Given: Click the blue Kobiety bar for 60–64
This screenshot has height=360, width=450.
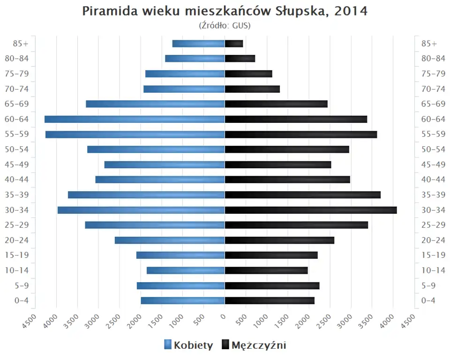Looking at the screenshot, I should (135, 119).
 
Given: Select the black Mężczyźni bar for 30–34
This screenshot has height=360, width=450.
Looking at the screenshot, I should (311, 210).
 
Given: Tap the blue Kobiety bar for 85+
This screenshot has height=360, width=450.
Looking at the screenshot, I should (199, 44).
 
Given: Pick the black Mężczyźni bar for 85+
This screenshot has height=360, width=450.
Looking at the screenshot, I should (234, 44).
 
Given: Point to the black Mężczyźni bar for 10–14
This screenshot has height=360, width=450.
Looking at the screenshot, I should (266, 270).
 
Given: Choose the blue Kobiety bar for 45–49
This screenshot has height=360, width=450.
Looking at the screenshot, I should (165, 165).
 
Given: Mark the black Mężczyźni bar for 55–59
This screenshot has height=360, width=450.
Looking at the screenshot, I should (301, 135).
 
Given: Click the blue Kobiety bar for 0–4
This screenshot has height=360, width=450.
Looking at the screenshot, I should (183, 300).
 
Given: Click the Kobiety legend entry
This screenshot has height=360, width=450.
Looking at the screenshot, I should (188, 345).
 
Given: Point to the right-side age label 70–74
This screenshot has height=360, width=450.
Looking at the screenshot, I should (433, 89).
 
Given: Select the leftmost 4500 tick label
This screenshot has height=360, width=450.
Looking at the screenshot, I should (29, 321).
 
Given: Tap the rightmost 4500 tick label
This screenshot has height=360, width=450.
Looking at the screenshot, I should (409, 321).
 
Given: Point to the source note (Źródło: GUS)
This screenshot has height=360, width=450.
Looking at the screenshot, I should (225, 25).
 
